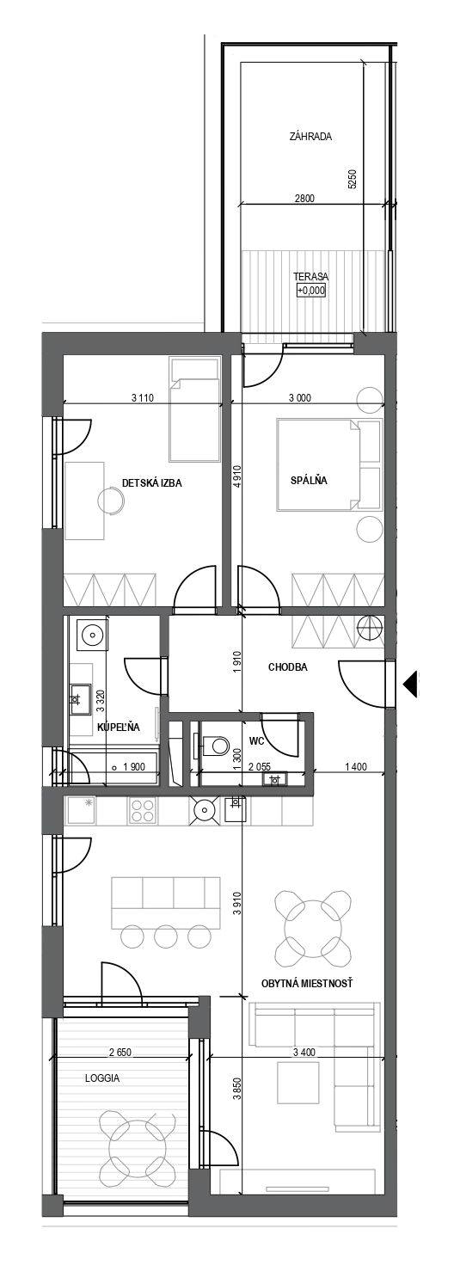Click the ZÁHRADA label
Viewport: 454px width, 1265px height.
310,136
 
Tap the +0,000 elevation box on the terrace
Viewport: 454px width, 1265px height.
311,291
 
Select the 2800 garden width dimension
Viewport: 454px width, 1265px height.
304,199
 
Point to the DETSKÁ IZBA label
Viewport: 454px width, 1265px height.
152,482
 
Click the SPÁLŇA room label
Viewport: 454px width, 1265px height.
309,482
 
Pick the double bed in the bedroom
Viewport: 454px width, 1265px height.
318,464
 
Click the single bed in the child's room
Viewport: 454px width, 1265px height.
194,410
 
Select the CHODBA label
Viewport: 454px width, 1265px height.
288,667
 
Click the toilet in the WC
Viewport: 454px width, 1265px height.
212,746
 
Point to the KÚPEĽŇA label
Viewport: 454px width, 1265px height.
119,728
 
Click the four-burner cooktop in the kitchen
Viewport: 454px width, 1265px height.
143,811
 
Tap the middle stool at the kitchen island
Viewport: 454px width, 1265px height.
167,936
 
